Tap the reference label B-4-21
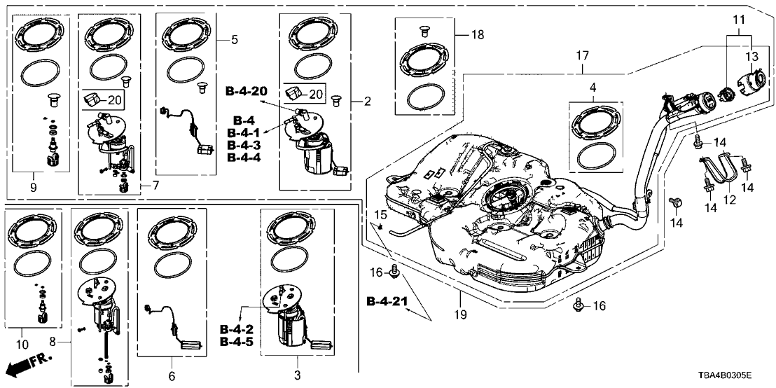387,301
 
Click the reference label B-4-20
247,92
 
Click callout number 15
380,214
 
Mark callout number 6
172,376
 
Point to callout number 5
234,40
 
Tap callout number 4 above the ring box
593,88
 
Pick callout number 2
367,102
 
